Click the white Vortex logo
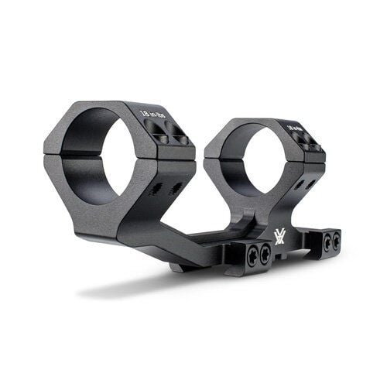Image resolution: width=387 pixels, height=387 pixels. coord(279,235)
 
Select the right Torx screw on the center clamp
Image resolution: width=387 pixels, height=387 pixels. coord(265,253)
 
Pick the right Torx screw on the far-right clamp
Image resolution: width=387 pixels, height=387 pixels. coord(334,242)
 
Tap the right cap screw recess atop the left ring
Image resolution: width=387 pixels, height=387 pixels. coord(180,139)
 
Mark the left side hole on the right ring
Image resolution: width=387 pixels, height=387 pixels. coord(298,185)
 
